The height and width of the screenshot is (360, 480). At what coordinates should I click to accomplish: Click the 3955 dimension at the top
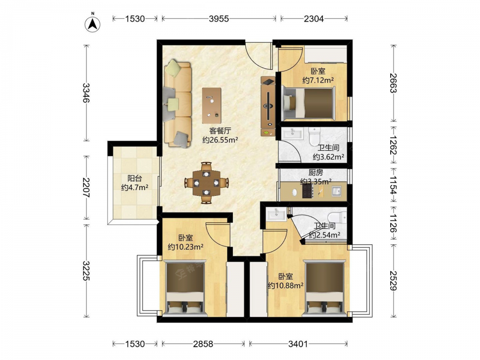coord(219,19)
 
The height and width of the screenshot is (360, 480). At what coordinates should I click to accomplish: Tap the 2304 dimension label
coord(314,19)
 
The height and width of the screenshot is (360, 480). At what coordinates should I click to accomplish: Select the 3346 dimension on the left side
coord(86,93)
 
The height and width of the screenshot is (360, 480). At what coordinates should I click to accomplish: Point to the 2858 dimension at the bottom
coord(203,344)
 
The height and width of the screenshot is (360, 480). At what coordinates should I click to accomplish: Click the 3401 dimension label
coord(298,344)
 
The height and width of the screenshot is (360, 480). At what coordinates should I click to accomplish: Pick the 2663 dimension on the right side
coord(394,83)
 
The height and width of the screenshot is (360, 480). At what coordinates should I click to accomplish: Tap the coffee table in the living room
coord(212,106)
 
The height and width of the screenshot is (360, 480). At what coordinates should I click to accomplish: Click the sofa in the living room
coord(178,104)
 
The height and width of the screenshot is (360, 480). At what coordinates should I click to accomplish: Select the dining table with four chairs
coord(206,183)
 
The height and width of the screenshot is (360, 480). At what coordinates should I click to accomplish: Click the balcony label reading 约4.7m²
coord(135,187)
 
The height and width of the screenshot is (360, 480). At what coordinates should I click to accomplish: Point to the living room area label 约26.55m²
coord(220,140)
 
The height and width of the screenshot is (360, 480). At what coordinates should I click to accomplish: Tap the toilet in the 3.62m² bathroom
coord(314,137)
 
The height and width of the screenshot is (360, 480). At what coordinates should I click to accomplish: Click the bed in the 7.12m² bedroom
coord(309,103)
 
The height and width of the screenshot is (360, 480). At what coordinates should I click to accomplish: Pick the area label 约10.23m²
coord(185,247)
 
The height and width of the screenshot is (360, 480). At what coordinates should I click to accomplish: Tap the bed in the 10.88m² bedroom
coord(324,288)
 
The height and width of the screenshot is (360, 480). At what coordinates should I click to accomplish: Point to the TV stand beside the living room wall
coord(268,106)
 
